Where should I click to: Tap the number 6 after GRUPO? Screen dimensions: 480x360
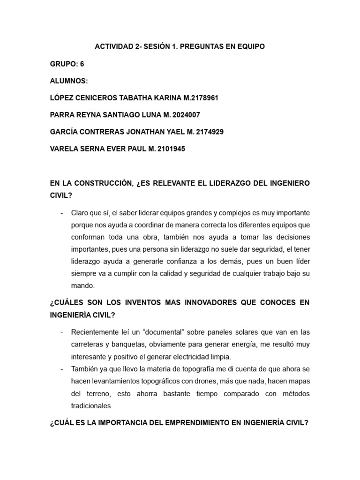(x=82, y=64)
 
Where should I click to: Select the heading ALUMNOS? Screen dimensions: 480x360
(x=68, y=81)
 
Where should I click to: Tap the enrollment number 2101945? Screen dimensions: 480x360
(x=169, y=149)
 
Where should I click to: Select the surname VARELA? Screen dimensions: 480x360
(x=65, y=149)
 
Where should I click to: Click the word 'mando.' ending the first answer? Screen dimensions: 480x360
(x=82, y=285)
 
